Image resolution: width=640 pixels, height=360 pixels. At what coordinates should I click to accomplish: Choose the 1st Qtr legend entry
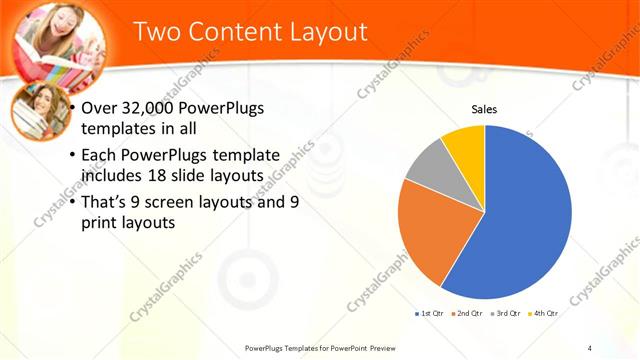(430, 314)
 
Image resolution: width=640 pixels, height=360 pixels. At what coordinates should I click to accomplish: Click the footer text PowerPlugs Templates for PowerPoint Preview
(321, 348)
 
